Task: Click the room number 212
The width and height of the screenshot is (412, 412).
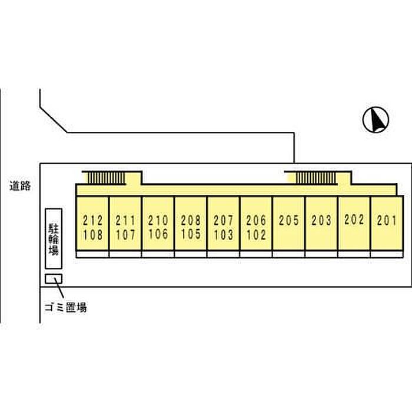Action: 93,221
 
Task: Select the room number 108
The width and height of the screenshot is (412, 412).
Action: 93,235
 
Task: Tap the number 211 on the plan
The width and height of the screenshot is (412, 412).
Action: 125,221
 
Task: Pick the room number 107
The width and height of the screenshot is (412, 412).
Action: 125,235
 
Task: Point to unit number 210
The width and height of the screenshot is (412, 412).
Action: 158,220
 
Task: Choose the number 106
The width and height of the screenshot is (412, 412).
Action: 158,234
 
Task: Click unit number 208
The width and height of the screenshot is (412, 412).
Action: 191,220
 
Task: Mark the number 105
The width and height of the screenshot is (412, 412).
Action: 191,234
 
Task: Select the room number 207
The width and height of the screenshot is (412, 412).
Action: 223,221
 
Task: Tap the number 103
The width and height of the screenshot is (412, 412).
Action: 223,235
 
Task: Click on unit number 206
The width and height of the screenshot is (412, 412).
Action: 256,221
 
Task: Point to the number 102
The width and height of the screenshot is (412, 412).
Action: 256,235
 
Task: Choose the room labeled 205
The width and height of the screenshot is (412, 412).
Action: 289,221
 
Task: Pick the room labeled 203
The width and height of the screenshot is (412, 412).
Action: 321,221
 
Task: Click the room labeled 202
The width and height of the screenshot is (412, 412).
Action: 354,220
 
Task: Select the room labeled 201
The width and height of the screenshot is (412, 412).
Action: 387,221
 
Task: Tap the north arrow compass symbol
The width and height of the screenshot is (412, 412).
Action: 376,119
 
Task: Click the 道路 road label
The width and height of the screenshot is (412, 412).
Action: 20,186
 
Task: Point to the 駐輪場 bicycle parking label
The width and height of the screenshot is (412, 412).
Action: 54,239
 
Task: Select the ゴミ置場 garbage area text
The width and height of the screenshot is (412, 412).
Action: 66,307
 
